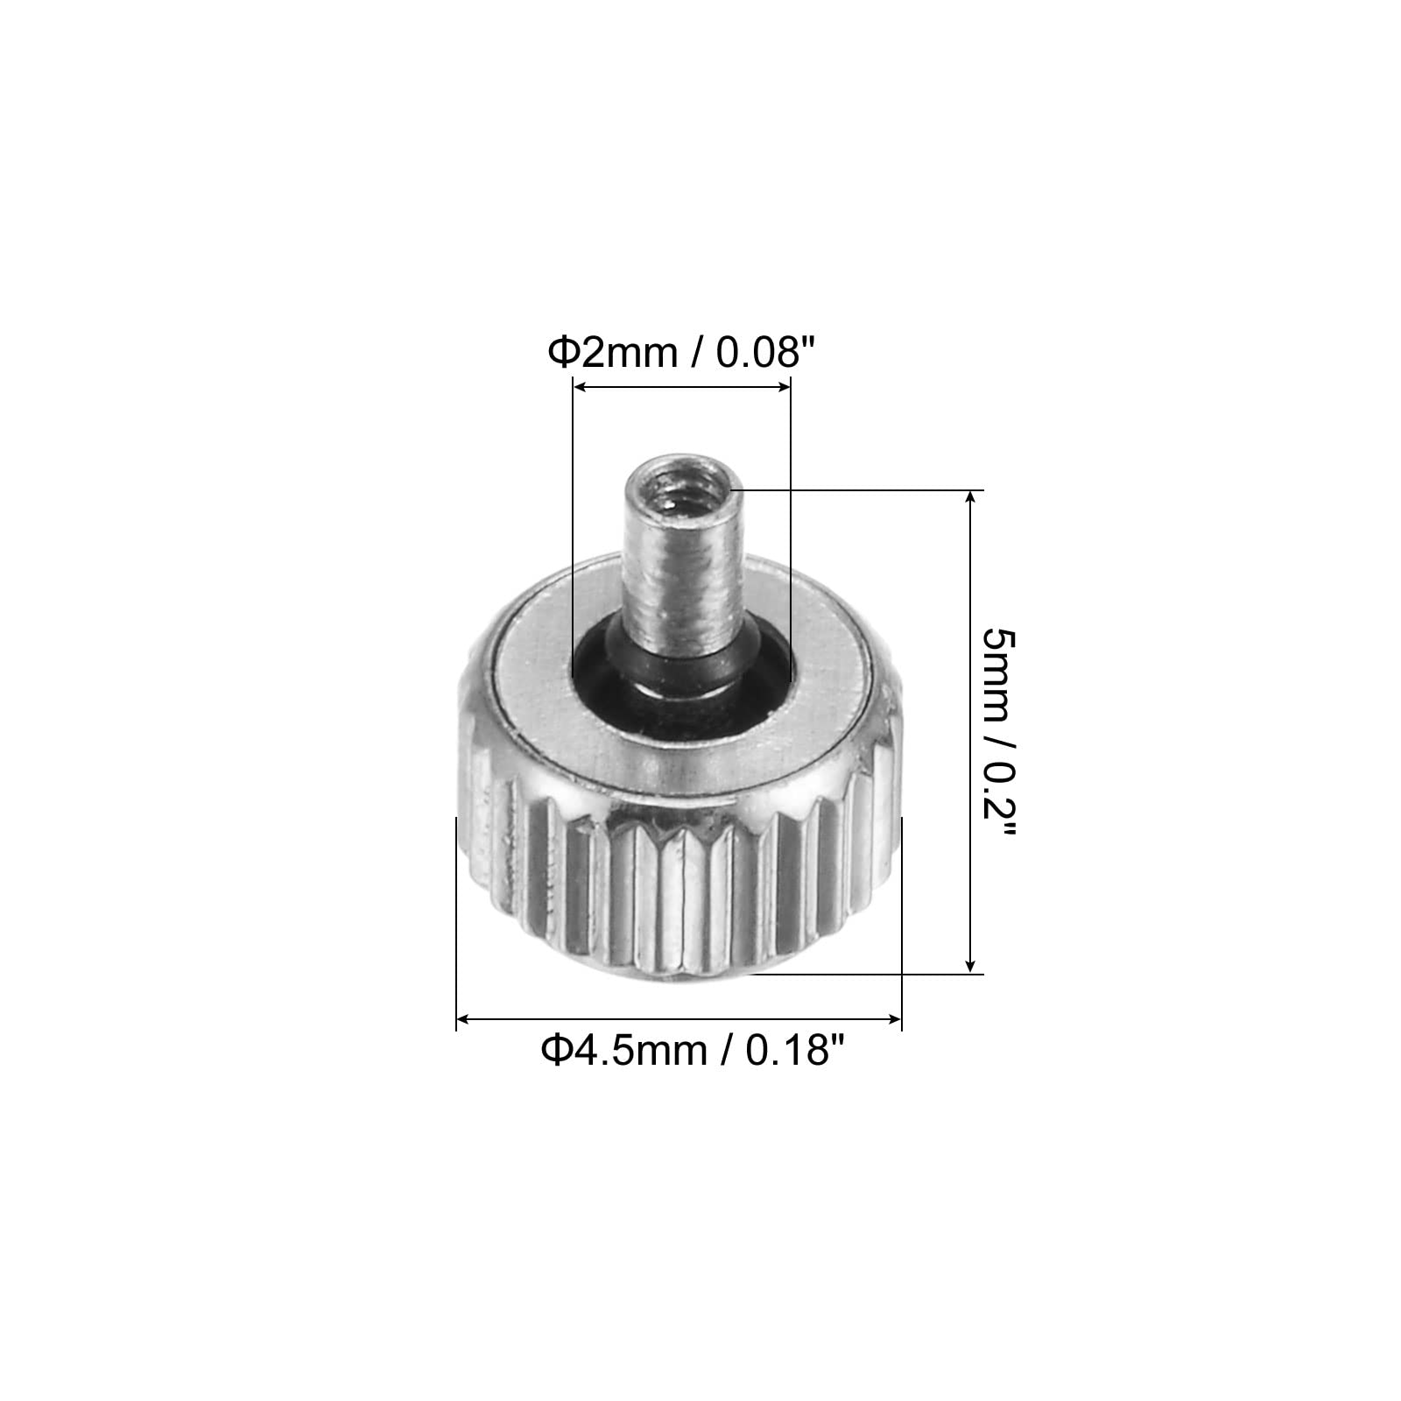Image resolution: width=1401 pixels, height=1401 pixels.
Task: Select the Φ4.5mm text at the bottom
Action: (x=623, y=1050)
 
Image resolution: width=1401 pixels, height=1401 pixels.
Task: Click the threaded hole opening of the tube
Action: (x=679, y=493)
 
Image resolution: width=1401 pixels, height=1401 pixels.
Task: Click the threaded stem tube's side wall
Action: (x=679, y=578)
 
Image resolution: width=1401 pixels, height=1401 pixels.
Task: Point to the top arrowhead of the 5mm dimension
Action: (x=969, y=497)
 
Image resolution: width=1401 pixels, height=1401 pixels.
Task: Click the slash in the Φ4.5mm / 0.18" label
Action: (x=726, y=1050)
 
